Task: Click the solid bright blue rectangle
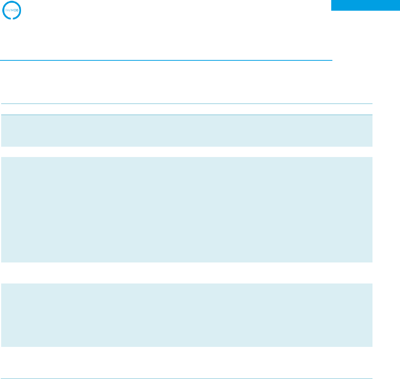[365, 5]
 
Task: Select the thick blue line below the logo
[166, 60]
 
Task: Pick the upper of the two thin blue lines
[186, 104]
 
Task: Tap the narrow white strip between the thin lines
[186, 109]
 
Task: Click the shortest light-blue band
[186, 131]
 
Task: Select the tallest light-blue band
[186, 209]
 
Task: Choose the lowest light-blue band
[186, 315]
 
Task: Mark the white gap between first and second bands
[186, 152]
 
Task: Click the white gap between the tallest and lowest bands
[186, 273]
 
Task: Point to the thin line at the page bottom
[186, 379]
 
